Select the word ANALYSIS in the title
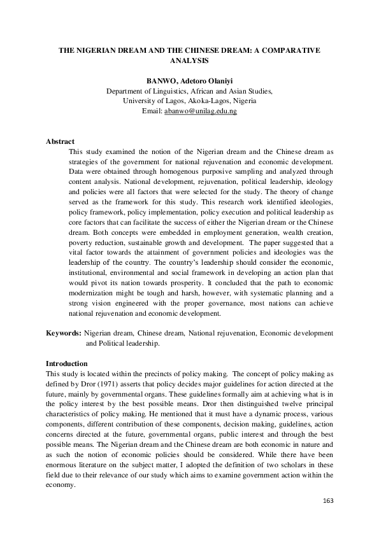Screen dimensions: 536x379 (189, 60)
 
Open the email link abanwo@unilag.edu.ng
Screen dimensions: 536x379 (201, 111)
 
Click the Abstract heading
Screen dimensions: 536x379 (61, 141)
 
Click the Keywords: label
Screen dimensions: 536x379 (64, 333)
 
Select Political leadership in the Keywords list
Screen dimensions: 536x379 (125, 343)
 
